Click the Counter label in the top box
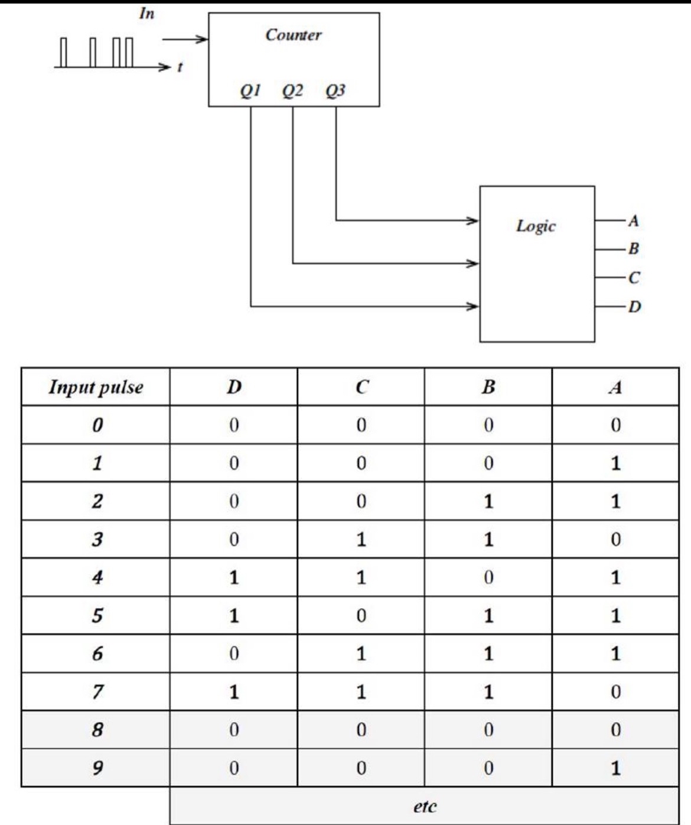pos(294,35)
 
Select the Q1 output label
pos(250,91)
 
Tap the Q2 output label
pos(292,91)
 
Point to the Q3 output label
pos(335,91)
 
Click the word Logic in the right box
pos(536,226)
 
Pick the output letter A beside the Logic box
pos(633,221)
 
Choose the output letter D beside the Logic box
pos(634,306)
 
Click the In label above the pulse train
pos(146,14)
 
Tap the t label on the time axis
pos(180,67)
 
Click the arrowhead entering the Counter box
pos(203,40)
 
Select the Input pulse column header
pos(96,387)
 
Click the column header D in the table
pos(234,387)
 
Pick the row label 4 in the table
pos(97,577)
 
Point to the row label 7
pos(97,691)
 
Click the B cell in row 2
pos(488,501)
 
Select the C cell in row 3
pos(361,540)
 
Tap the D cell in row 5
pos(234,616)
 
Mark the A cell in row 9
pos(615,768)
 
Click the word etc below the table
pos(424,806)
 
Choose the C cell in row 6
pos(361,654)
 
